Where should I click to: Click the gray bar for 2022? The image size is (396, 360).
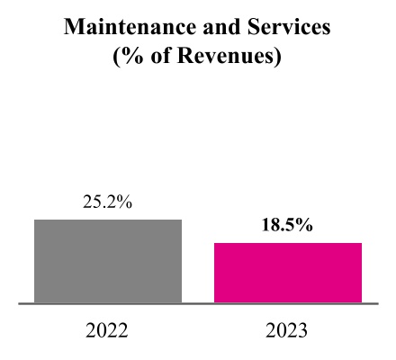point(108,261)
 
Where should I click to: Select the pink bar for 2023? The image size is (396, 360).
point(287,273)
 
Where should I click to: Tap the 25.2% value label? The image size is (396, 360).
point(108,203)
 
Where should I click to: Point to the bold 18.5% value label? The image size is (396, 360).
point(287,226)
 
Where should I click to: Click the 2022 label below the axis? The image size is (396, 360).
point(107,330)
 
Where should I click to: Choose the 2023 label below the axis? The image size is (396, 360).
point(287,330)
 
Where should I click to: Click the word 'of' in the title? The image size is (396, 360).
point(158,58)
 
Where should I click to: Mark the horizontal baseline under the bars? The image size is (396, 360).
point(198,304)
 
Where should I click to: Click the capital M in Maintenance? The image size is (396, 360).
point(75,29)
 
